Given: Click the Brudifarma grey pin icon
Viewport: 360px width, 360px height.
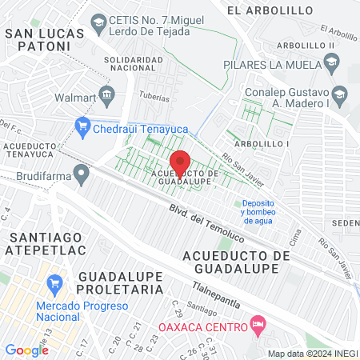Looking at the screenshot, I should coord(81,173).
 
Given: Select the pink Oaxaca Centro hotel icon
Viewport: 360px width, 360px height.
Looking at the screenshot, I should coord(258,325).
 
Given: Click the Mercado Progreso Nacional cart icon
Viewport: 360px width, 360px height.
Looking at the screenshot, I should coord(55,284).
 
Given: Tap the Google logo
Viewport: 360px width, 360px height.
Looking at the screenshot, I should coord(26,350).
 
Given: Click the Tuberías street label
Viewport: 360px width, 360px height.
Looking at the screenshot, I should coord(158,98).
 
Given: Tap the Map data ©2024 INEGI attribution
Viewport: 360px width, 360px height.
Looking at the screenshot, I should coord(312,354).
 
